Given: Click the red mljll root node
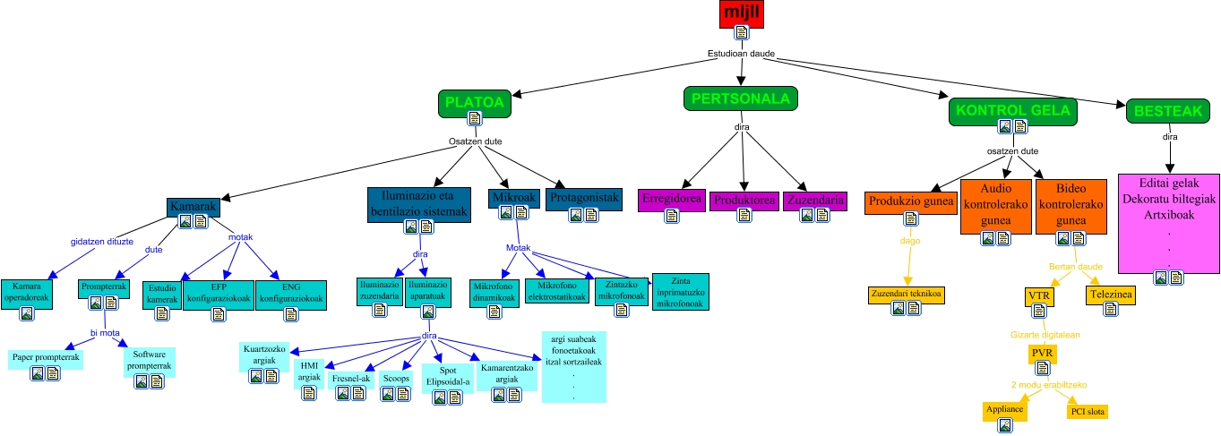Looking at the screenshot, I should point(741,13).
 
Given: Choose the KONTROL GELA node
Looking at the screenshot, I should point(1012,111).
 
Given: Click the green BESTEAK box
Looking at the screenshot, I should point(1168,111).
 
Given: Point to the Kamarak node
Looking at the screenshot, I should point(193,208).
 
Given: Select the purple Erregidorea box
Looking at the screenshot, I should point(671,201).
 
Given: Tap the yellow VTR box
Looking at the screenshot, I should point(1038,295).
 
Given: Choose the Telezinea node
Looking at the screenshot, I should point(1110,295).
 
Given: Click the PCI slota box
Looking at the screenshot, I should point(1088,412).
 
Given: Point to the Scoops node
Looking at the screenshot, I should point(395,379).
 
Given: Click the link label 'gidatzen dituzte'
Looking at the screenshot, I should point(102,242).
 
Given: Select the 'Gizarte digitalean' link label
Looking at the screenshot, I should point(1044,334).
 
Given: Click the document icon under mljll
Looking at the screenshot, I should point(741,33).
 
